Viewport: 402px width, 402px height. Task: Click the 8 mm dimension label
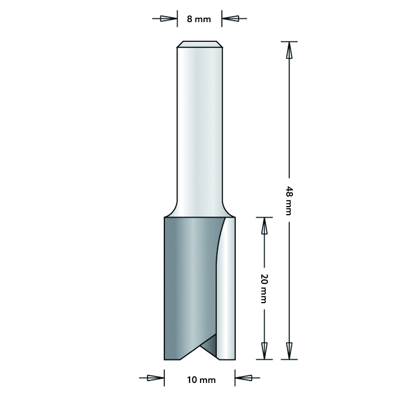200,20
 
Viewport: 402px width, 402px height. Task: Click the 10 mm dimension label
200,380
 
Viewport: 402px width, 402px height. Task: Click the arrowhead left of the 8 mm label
168,19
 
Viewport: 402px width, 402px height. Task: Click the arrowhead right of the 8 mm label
231,19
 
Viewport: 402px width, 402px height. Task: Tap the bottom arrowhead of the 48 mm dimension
289,348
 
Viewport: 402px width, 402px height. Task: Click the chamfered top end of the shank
200,44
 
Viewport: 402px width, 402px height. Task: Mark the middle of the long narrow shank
200,126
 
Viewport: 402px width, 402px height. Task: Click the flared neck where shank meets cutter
200,210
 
